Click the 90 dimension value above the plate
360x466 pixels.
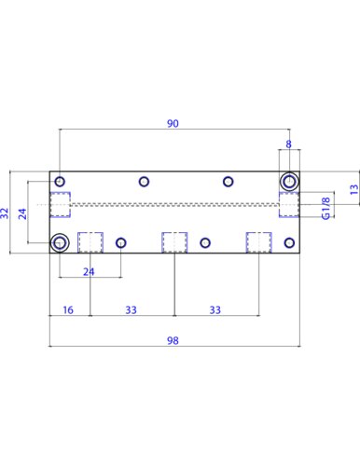(x=173, y=123)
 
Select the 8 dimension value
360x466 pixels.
(x=289, y=144)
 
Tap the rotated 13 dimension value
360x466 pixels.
(x=354, y=189)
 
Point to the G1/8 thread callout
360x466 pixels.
(x=325, y=208)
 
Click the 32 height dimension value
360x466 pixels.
(x=5, y=213)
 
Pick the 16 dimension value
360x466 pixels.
(x=68, y=309)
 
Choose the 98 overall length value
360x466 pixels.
(x=173, y=340)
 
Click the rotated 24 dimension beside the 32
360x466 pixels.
(x=22, y=213)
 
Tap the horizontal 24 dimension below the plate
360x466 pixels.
(x=89, y=272)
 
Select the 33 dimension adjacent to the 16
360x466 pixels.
(x=131, y=309)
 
